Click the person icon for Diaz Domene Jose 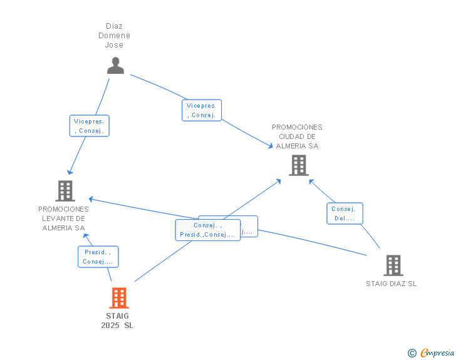115,66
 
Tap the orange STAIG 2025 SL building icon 119,298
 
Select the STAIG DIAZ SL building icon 393,265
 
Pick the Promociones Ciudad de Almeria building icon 298,165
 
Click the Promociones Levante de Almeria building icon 65,191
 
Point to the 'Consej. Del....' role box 345,213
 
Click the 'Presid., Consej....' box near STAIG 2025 98,257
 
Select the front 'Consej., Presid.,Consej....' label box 207,230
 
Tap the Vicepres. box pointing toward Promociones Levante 90,126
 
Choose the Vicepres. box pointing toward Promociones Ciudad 201,110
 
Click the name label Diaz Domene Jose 114,36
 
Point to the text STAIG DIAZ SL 391,284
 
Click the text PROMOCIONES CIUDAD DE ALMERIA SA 297,136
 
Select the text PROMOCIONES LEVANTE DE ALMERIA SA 63,219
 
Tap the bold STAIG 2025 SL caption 117,321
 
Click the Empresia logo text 437,353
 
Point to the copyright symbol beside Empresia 412,353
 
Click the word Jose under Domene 114,45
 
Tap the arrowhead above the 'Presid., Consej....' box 87,235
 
